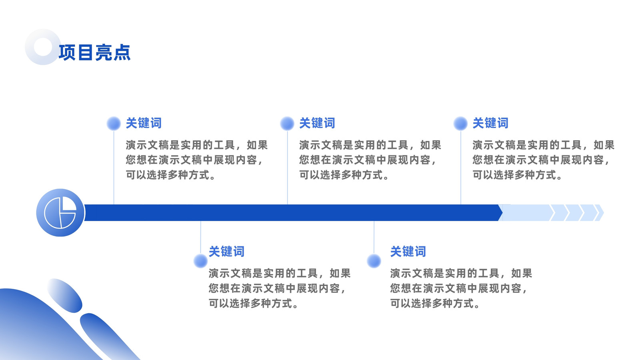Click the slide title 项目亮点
pyautogui.click(x=94, y=52)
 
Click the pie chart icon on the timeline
pyautogui.click(x=60, y=212)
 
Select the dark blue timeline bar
pyautogui.click(x=293, y=212)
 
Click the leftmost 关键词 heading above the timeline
pyautogui.click(x=144, y=123)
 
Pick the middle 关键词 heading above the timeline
pyautogui.click(x=317, y=123)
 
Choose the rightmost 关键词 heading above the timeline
pyautogui.click(x=490, y=123)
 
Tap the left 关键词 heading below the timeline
pyautogui.click(x=226, y=252)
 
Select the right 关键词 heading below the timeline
pyautogui.click(x=408, y=252)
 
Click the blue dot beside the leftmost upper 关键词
pyautogui.click(x=114, y=124)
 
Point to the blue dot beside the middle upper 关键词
pyautogui.click(x=287, y=124)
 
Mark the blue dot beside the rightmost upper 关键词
pyautogui.click(x=460, y=124)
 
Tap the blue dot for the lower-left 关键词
pyautogui.click(x=200, y=261)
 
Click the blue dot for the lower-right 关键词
pyautogui.click(x=374, y=261)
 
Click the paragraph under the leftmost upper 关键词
pyautogui.click(x=196, y=160)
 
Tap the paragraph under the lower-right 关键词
pyautogui.click(x=461, y=288)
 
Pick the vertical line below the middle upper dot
pyautogui.click(x=288, y=168)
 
